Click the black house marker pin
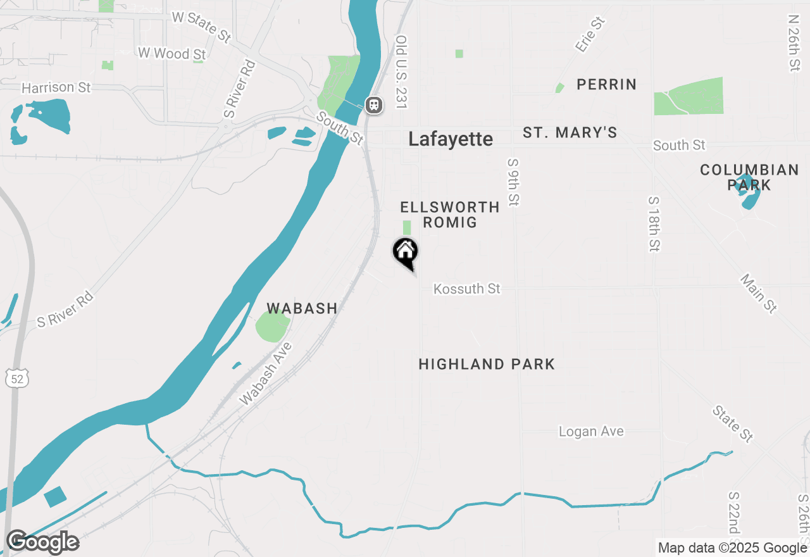pyautogui.click(x=406, y=252)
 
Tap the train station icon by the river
pyautogui.click(x=374, y=104)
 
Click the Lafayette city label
pyautogui.click(x=450, y=139)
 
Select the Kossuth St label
pyautogui.click(x=467, y=289)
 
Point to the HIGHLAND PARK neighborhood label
pyautogui.click(x=487, y=364)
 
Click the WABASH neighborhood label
pyautogui.click(x=301, y=308)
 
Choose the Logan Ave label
pyautogui.click(x=591, y=432)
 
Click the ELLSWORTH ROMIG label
pyautogui.click(x=450, y=215)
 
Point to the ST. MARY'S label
pyautogui.click(x=570, y=133)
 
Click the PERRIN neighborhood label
pyautogui.click(x=606, y=85)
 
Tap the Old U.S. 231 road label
pyautogui.click(x=401, y=71)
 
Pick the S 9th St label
pyautogui.click(x=513, y=182)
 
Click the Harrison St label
pyautogui.click(x=56, y=87)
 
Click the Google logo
pyautogui.click(x=42, y=542)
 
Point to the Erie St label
pyautogui.click(x=590, y=35)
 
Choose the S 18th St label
pyautogui.click(x=654, y=223)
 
